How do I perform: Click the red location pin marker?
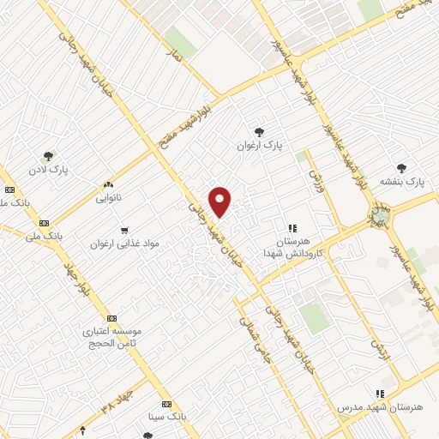(220, 201)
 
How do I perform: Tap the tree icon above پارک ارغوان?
(259, 131)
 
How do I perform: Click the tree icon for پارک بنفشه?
(403, 168)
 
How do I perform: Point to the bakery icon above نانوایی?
(108, 184)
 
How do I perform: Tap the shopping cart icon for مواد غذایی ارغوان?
(125, 230)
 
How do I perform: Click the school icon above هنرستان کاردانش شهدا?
(292, 228)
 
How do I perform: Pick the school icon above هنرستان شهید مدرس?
(380, 394)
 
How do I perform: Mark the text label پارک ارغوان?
(259, 146)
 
